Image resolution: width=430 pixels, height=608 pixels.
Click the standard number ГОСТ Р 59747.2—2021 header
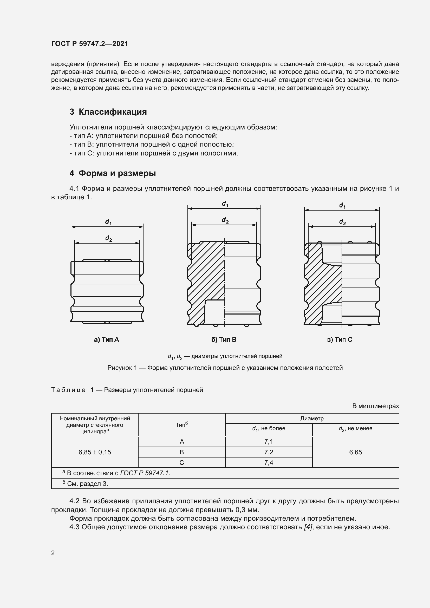89,44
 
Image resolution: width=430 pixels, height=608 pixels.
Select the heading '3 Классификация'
108,112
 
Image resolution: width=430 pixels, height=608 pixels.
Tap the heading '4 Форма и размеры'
113,173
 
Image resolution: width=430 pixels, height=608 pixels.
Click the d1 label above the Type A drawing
108,222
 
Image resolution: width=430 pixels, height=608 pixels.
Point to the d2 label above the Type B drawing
225,220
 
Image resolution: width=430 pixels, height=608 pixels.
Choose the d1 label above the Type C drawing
342,205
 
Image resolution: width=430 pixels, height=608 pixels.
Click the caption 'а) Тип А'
106,339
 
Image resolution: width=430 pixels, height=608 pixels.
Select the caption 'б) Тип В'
224,339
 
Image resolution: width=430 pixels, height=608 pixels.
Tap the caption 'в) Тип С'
340,339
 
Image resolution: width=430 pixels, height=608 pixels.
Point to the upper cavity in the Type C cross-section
332,254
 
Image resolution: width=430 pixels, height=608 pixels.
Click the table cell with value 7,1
269,441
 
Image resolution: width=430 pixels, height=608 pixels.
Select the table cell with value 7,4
269,462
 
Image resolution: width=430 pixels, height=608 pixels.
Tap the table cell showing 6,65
355,452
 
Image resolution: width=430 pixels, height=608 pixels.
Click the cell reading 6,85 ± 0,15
95,452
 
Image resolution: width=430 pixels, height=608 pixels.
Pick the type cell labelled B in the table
182,452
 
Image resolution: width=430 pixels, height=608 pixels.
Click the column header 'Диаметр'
312,419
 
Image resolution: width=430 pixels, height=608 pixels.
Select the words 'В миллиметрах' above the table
375,406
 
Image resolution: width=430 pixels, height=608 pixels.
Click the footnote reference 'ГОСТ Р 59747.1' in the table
145,473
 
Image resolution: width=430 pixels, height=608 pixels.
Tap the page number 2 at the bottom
53,553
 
